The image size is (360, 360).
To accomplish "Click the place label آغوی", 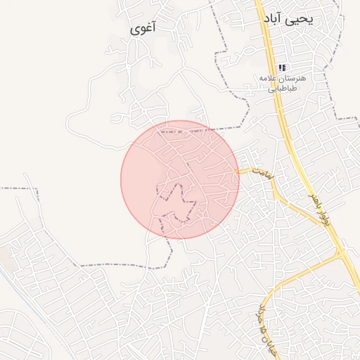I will click(143, 29).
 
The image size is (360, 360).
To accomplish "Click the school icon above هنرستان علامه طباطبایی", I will click(282, 67).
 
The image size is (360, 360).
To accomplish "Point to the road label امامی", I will click(262, 176).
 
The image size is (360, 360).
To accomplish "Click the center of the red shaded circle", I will click(180, 179).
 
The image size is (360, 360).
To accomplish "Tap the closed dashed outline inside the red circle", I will click(176, 204).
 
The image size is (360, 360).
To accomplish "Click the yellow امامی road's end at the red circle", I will click(238, 171).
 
